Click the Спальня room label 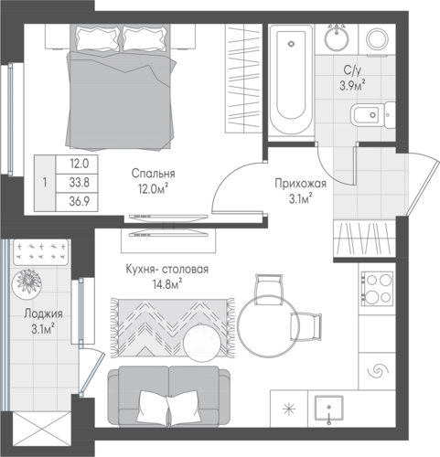pos(153,174)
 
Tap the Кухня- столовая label pos(167,270)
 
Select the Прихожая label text pos(300,184)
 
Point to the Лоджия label pos(43,314)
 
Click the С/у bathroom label pos(352,70)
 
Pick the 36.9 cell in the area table pos(80,201)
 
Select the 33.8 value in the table pos(80,183)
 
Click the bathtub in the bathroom pos(291,79)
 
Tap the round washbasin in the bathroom pos(337,39)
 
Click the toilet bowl pos(372,115)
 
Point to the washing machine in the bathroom pos(377,40)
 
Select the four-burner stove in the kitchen pos(377,288)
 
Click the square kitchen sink pos(329,409)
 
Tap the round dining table pos(268,325)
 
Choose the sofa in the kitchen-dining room pos(168,397)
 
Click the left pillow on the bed pos(98,38)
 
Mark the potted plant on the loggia pos(27,282)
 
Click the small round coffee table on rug pos(201,343)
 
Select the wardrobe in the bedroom pos(244,79)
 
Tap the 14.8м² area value pos(167,285)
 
